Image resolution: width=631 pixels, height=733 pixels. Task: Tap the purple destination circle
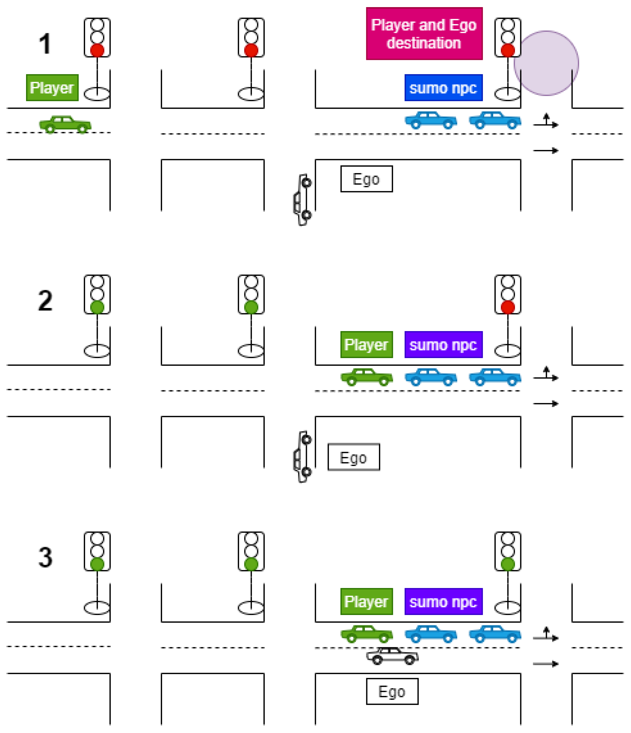pos(546,63)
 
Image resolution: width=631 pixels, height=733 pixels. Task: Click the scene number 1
pos(45,44)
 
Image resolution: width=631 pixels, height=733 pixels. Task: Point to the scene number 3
pos(45,557)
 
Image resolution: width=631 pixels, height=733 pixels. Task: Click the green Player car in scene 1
pos(65,124)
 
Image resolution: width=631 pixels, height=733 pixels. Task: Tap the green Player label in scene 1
pos(52,87)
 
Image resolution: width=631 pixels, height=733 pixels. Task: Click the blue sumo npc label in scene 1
pos(443,87)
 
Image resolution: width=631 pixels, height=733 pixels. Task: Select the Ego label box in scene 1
pos(366,179)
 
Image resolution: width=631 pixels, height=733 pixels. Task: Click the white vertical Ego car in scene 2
pos(303,456)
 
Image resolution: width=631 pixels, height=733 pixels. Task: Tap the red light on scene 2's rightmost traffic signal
pos(507,307)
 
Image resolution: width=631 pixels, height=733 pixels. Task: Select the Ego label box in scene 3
pos(392,691)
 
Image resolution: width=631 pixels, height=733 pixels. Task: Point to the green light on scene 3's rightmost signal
pos(507,564)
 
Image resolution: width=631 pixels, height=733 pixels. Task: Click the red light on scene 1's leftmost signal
pos(97,50)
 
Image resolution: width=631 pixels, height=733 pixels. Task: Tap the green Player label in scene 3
pos(366,601)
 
